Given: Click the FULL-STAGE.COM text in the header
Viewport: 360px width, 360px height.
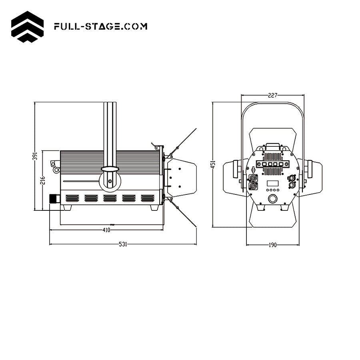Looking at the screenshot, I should point(100,27).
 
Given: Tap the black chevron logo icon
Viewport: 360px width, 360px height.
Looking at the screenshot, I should point(27,27).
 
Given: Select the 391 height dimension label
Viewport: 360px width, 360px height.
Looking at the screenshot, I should point(35,156).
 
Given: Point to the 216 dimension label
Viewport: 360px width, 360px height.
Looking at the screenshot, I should point(43,180).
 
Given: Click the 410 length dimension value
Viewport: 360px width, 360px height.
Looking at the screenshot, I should point(106,230).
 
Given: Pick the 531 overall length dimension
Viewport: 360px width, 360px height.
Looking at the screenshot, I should point(123,244).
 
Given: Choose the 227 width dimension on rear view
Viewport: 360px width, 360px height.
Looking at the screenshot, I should point(272,95).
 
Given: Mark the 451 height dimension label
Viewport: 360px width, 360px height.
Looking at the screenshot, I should point(213,164).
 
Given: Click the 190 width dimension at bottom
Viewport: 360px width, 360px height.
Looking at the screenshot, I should point(272,245).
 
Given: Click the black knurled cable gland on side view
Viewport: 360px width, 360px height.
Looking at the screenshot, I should point(54,198).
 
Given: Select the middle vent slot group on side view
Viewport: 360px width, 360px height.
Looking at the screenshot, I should point(110,198).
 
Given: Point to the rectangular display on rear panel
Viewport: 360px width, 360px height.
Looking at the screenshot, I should point(273,184).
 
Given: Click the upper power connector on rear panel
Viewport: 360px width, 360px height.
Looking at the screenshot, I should point(253,178).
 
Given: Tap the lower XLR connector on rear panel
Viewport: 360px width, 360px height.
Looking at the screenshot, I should point(292,185).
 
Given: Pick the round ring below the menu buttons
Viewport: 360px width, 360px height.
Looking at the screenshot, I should point(273,198).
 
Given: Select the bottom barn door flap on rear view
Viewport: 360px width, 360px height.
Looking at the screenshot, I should point(273,218).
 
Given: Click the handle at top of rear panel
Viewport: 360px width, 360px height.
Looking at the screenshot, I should point(273,146).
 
